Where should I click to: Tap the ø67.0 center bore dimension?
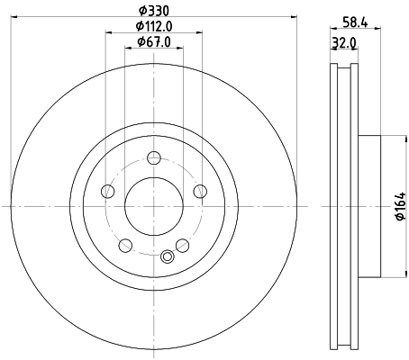pos(154,40)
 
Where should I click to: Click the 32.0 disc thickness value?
pos(342,41)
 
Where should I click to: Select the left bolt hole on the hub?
pos(109,190)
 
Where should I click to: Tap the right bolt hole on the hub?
pos(199,190)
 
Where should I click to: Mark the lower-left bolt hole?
pos(126,244)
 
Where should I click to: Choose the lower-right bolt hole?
pos(182,244)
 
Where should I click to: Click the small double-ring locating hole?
pos(166,258)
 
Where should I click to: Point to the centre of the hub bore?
pos(154,207)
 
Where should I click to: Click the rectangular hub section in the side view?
pos(371,207)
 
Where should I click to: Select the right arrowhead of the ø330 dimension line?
pos(292,18)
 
